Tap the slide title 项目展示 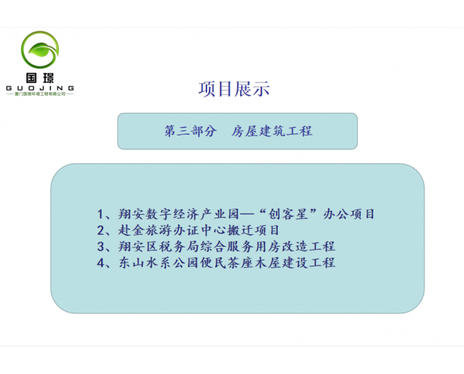click(x=233, y=89)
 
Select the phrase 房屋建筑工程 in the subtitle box click(x=272, y=131)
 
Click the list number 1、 click(x=106, y=213)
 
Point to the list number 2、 click(x=106, y=230)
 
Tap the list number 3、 click(x=106, y=246)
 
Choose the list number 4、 click(x=106, y=263)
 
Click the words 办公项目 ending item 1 click(x=349, y=213)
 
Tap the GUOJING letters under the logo click(x=40, y=88)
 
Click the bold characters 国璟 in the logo click(x=40, y=77)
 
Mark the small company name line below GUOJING click(x=40, y=95)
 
